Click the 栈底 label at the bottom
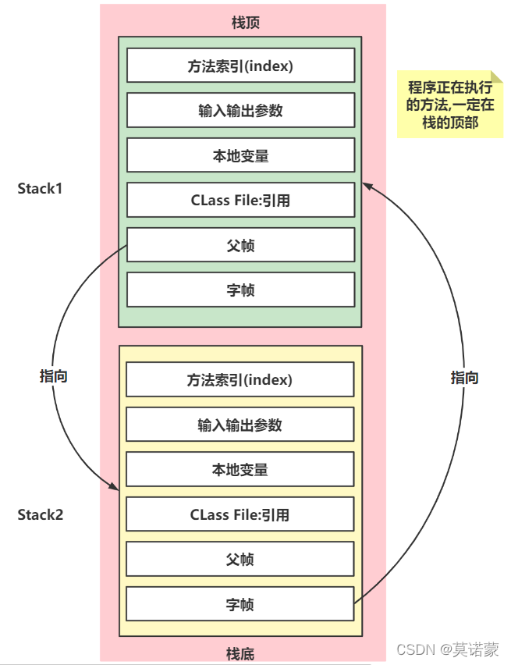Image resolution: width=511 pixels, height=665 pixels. [240, 653]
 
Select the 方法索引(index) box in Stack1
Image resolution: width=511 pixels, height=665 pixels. [240, 66]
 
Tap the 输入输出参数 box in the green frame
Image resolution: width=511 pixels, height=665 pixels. [240, 110]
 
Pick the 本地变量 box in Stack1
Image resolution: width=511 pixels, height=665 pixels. [240, 155]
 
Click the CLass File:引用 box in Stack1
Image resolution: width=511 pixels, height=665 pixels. [240, 200]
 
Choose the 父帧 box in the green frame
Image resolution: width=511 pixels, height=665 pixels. [240, 245]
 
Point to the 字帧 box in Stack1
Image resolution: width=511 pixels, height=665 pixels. [240, 290]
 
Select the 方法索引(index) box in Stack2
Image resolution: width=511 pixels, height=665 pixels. [240, 380]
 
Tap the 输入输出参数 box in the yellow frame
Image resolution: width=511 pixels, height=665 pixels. [240, 425]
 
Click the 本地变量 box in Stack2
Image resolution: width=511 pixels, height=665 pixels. [240, 470]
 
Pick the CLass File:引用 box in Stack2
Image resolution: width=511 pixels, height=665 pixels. [240, 514]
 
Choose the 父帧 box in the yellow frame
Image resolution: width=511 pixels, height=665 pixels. [240, 560]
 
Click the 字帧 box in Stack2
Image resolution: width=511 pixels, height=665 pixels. [240, 604]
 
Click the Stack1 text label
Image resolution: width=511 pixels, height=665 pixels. [41, 189]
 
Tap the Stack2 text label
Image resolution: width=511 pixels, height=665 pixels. [41, 515]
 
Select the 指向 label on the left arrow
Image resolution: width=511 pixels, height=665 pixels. [54, 375]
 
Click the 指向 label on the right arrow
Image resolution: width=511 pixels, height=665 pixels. [464, 378]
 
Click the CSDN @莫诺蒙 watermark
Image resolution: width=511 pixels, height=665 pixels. [447, 649]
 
